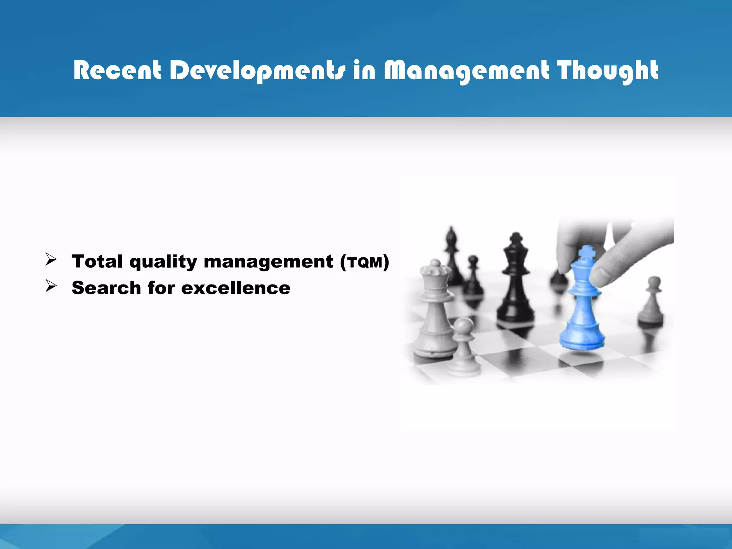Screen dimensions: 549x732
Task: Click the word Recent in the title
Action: tap(117, 70)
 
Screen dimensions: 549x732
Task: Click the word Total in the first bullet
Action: tap(97, 261)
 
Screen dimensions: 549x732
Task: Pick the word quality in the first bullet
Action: tap(163, 262)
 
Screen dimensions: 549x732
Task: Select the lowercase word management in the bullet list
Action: tap(268, 262)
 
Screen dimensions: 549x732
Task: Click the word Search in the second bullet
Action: tap(106, 288)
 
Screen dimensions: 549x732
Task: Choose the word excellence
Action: tap(236, 288)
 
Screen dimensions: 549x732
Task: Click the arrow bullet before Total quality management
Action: tap(51, 259)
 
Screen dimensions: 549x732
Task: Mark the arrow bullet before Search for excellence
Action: tap(51, 286)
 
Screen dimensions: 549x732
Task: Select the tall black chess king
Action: tap(515, 282)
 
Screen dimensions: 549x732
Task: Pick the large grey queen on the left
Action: tap(435, 311)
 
